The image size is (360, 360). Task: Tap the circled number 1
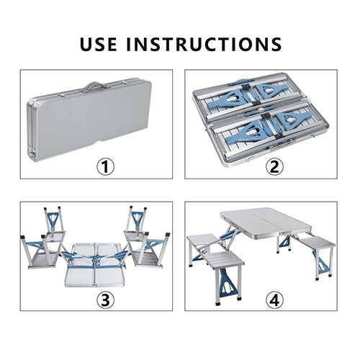pos(106,167)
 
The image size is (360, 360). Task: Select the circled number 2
pos(274,167)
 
